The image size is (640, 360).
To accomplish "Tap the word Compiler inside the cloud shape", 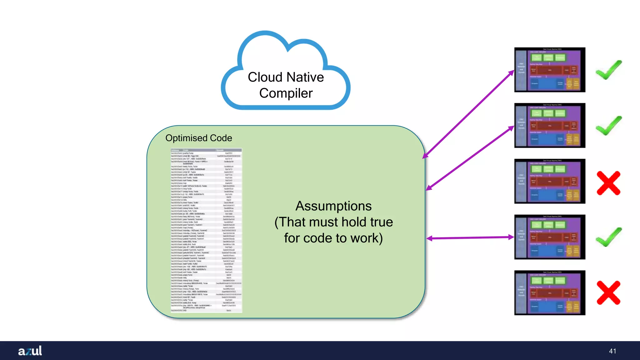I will pos(286,93).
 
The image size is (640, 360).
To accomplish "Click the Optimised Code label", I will pos(198,138).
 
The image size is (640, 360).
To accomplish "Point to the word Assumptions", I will pos(333,206).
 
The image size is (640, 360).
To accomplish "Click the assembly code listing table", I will pos(206,230).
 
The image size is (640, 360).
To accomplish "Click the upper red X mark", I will pos(608,183).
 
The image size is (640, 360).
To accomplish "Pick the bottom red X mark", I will pos(608,292).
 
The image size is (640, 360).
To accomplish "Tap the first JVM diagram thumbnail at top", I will pos(549,70).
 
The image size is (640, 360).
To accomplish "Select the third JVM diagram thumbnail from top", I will pos(549,181).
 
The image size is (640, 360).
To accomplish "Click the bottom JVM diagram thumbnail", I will pos(549,292).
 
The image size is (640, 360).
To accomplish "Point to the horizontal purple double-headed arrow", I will pos(470,238).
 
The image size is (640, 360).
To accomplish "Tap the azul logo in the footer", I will pos(30,351).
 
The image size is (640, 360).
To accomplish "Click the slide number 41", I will pos(612,351).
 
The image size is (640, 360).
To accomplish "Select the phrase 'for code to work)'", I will pos(333,238).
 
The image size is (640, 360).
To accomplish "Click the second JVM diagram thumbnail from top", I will pos(549,125).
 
